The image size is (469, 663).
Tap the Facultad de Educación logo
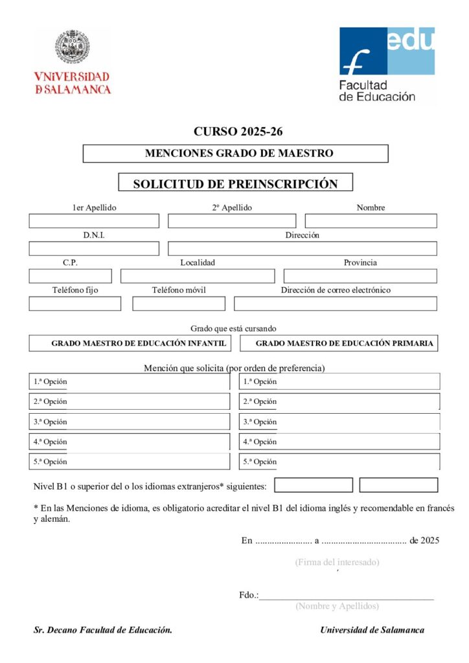(x=386, y=64)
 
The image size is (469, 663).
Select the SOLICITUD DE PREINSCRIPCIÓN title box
(x=236, y=183)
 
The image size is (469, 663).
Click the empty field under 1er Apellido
(x=94, y=221)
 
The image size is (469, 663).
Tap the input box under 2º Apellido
(x=231, y=221)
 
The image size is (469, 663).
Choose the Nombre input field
(x=371, y=221)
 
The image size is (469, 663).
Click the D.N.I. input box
(x=94, y=249)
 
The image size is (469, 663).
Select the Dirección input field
(x=303, y=249)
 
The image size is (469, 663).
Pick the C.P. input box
(x=70, y=276)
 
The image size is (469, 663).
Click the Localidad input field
(x=198, y=276)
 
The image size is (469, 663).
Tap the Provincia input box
(x=360, y=276)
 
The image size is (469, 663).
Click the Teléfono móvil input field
(x=179, y=304)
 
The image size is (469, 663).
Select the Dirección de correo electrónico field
(x=336, y=304)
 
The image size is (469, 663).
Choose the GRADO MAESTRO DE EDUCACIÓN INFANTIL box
(x=130, y=343)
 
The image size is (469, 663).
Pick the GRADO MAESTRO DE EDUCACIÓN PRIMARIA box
(x=339, y=343)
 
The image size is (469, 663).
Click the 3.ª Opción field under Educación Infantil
(x=130, y=421)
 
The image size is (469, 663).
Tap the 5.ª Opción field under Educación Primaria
(x=339, y=462)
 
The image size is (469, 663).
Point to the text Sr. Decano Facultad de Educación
(x=103, y=630)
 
